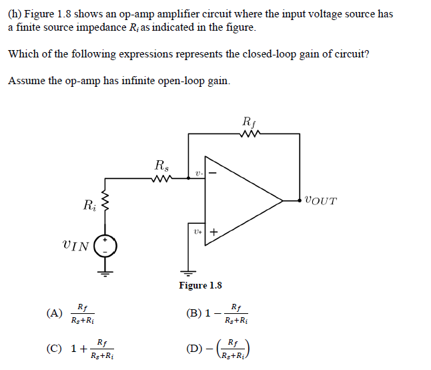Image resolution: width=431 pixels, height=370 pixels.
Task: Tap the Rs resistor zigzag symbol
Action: (161, 178)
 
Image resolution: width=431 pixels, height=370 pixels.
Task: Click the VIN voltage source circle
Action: (105, 246)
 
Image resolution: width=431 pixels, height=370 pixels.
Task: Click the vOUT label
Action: (321, 200)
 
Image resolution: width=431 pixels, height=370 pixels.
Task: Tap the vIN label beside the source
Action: (75, 246)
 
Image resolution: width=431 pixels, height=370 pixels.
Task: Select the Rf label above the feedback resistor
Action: (248, 122)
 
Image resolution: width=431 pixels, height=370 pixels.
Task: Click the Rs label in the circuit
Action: (161, 164)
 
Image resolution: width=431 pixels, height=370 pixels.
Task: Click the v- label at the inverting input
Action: (198, 174)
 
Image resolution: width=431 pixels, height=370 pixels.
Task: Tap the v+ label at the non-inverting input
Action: (197, 232)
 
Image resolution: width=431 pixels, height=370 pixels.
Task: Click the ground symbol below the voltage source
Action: (105, 272)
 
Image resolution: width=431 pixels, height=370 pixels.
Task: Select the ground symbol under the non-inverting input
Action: (189, 272)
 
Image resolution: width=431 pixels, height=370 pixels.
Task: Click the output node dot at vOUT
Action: (300, 200)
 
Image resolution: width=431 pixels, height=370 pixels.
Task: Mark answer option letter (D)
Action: (195, 347)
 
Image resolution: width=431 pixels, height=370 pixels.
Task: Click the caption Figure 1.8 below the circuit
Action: (200, 285)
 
